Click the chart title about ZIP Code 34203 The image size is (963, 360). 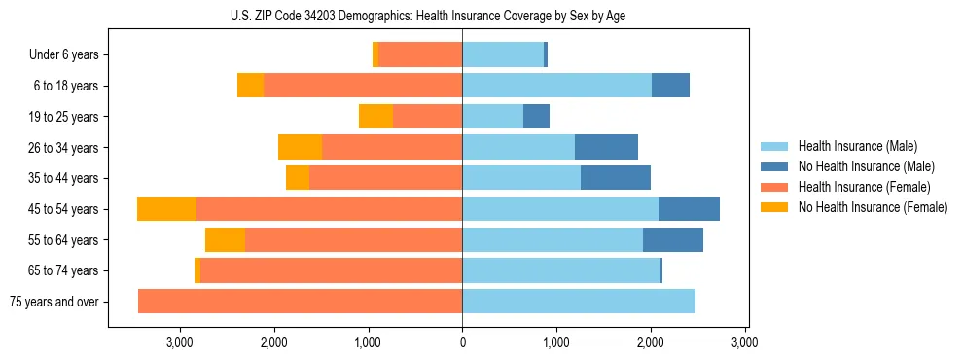coord(428,17)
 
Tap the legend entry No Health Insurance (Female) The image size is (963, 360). coord(873,207)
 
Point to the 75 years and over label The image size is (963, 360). coord(53,302)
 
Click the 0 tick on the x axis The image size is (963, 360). coord(462,343)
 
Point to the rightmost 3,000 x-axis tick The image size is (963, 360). coord(745,343)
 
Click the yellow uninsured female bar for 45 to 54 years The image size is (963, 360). coord(166,209)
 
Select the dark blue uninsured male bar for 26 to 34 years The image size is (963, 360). coord(606,147)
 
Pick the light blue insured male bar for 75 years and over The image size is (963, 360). coord(579,302)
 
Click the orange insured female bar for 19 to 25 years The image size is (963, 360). coord(427,117)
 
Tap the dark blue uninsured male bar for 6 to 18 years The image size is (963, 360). coord(670,86)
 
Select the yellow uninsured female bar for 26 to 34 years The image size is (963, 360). coord(300,147)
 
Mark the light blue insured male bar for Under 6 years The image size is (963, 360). coord(503,54)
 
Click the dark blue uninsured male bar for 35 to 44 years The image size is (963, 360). coord(616,178)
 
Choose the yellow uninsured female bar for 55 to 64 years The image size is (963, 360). coord(225,240)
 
